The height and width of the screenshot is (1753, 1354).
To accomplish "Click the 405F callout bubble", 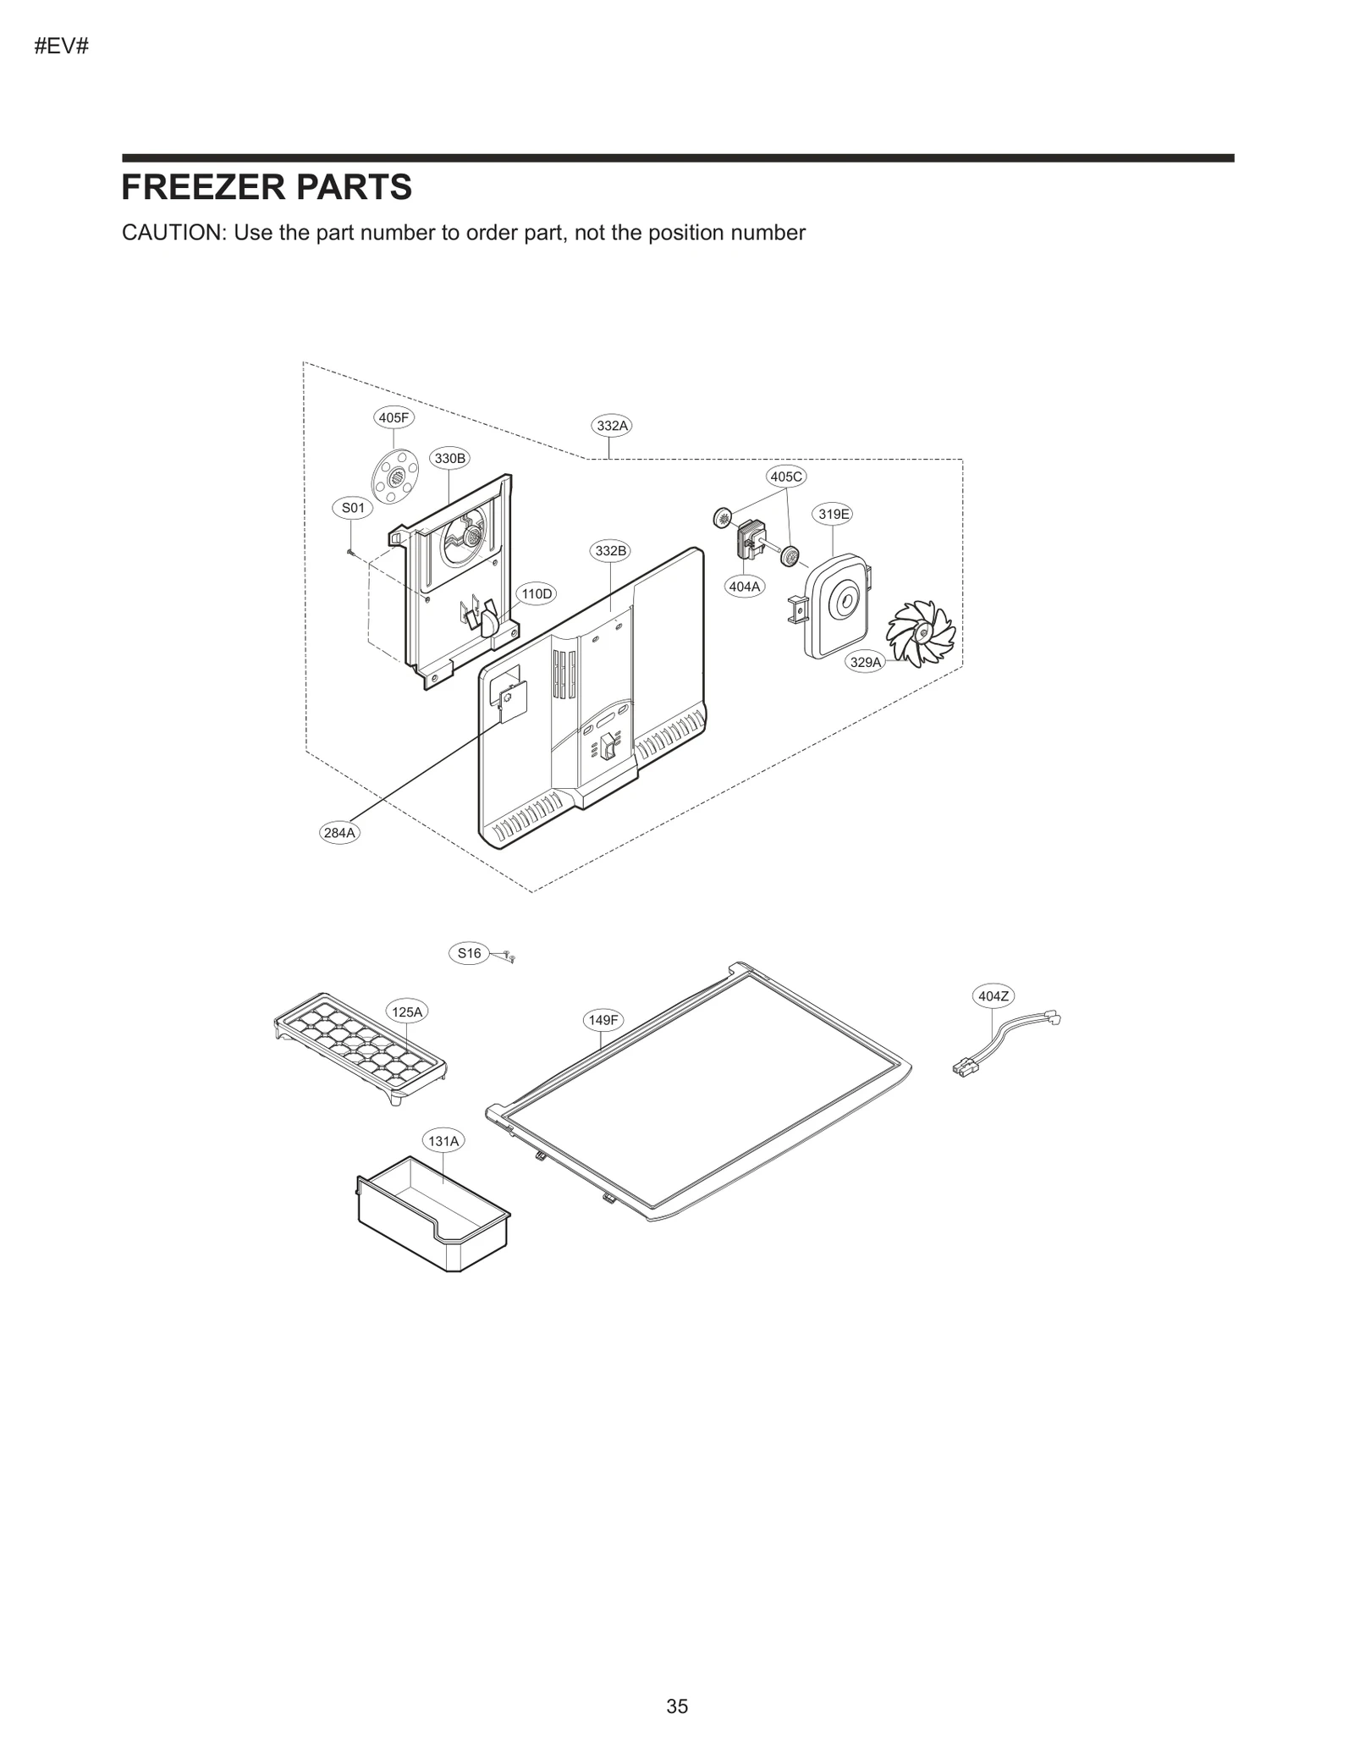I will (394, 417).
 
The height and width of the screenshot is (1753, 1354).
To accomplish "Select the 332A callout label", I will (612, 426).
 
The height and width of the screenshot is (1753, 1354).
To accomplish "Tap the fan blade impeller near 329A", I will (920, 634).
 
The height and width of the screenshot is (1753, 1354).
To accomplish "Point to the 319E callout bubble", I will (834, 514).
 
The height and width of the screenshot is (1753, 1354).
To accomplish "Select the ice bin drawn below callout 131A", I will (433, 1216).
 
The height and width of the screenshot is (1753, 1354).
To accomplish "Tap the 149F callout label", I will (603, 1020).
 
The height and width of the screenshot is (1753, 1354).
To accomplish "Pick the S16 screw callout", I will (469, 953).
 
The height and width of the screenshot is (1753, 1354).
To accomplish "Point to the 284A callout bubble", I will (339, 833).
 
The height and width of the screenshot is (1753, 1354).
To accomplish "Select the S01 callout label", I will (353, 508).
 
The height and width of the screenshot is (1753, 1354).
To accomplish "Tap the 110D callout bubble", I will (536, 594).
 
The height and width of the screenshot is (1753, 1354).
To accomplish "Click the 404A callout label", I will (745, 586).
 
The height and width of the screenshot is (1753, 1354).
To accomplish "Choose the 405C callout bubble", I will (786, 477).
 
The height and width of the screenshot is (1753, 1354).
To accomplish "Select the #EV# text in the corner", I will (61, 47).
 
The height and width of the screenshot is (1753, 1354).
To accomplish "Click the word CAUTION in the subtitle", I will (173, 233).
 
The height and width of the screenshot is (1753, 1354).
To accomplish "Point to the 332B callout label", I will (611, 551).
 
